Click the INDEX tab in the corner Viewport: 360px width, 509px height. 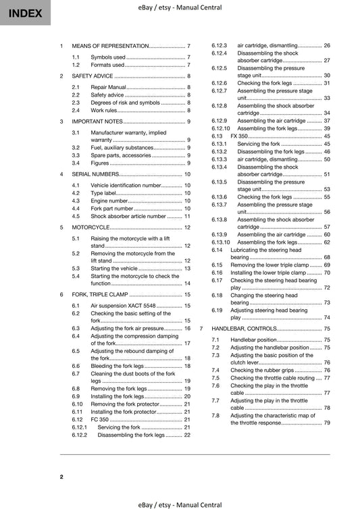point(25,13)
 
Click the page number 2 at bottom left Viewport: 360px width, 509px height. point(61,477)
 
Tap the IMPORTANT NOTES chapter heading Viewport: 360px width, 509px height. point(97,122)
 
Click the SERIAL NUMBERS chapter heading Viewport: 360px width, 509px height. point(96,174)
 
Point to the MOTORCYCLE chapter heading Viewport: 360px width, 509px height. point(91,227)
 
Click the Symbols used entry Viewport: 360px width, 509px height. point(107,57)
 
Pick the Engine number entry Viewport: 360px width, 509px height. point(109,200)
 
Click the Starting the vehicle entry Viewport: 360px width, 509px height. point(115,268)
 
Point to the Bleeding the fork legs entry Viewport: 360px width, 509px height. point(118,365)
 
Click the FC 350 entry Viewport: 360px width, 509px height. point(99,419)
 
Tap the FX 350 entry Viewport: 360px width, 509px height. point(239,136)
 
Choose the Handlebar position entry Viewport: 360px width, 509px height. point(253,340)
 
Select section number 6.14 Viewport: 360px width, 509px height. point(217,250)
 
